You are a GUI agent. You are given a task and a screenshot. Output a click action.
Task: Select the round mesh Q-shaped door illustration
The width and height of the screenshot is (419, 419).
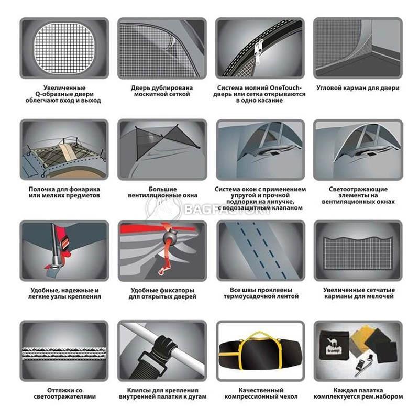[64, 48]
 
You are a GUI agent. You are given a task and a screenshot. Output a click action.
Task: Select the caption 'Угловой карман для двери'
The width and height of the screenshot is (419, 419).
[358, 88]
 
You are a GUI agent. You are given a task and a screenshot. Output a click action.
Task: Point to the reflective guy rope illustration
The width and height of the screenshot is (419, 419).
[64, 353]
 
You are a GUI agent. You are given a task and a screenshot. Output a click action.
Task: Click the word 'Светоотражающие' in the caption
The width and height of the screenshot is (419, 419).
[358, 189]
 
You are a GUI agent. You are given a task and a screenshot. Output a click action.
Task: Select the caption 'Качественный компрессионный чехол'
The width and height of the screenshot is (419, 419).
[261, 393]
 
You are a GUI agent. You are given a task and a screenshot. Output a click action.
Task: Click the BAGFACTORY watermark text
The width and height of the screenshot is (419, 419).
[227, 210]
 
